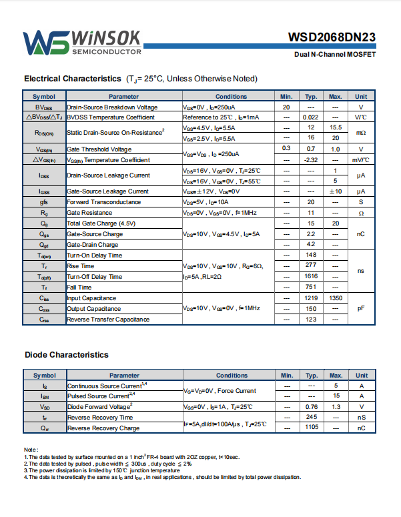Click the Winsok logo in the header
click(x=82, y=42)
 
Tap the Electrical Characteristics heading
click(x=140, y=79)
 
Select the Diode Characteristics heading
click(x=67, y=354)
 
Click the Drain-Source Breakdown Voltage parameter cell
click(x=112, y=107)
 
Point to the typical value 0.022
click(x=310, y=117)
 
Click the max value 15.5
click(x=336, y=127)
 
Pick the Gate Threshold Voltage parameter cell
click(x=99, y=149)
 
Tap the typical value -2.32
click(x=310, y=159)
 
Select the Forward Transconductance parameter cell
click(x=103, y=201)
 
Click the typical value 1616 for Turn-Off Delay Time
click(x=311, y=276)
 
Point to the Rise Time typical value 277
click(x=311, y=266)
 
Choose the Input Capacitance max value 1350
click(x=336, y=298)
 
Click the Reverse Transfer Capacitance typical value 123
click(x=311, y=320)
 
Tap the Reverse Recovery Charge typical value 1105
click(x=311, y=428)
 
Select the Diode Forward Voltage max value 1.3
click(x=336, y=406)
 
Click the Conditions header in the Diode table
click(x=232, y=376)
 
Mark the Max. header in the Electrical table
click(x=336, y=97)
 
